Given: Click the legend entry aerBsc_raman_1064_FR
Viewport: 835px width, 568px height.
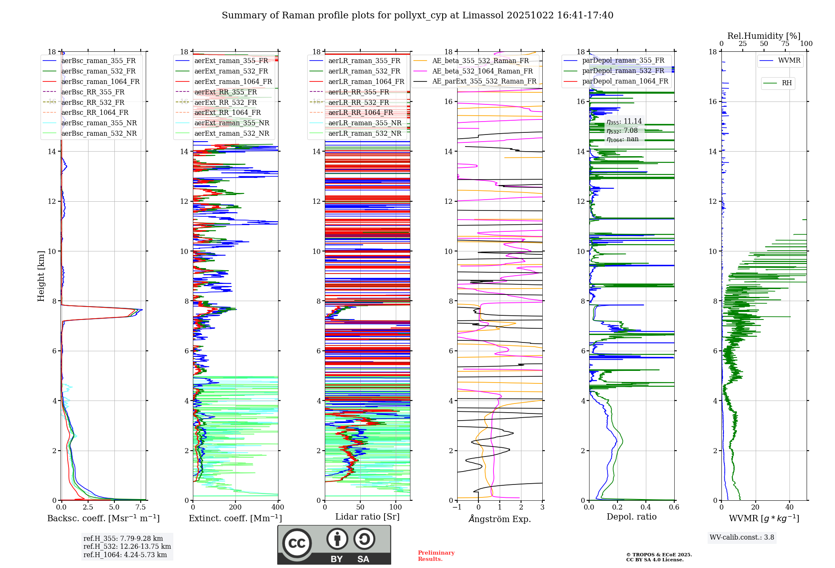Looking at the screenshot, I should (x=100, y=82).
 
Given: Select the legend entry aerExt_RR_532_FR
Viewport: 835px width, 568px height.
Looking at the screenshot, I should (x=225, y=102).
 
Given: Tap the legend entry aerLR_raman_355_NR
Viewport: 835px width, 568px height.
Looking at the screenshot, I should (x=364, y=123).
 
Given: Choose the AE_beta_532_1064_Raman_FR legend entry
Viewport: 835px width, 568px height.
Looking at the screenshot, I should (x=482, y=71).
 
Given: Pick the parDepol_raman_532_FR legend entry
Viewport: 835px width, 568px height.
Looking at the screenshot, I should (x=623, y=71).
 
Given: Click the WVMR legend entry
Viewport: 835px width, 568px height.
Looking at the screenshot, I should (x=789, y=61).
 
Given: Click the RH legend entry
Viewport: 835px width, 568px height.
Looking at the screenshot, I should (x=787, y=83).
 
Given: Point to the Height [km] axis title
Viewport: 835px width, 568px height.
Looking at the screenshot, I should (x=41, y=276).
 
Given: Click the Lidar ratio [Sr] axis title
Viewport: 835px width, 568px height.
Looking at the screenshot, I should (x=367, y=517).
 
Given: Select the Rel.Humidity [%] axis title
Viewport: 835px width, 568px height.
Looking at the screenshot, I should (x=764, y=36).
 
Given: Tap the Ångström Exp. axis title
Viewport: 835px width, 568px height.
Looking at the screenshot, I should (x=499, y=519).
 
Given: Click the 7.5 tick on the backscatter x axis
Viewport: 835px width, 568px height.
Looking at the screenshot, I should (x=141, y=507).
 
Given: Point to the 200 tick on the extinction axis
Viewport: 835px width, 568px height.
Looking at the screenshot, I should (x=235, y=507).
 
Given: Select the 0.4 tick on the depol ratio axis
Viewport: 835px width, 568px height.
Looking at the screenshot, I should (x=646, y=507).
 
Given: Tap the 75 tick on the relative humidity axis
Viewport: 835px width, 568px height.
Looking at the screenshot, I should (x=785, y=44).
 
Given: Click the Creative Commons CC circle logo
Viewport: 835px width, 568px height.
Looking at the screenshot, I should (x=297, y=543).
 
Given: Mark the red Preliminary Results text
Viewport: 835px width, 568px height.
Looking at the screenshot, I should (x=436, y=556).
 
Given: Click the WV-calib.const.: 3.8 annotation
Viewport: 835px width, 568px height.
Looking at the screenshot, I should (x=742, y=538).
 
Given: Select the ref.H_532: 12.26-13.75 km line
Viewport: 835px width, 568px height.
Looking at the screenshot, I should (x=127, y=547).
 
